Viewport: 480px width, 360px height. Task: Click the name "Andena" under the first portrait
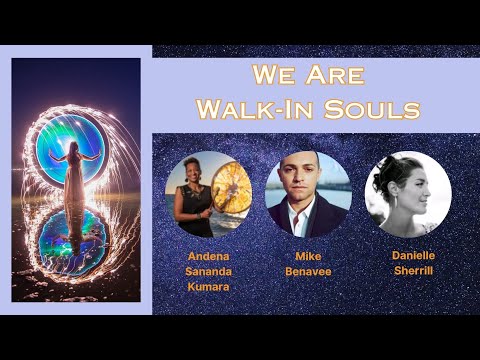pyautogui.click(x=208, y=256)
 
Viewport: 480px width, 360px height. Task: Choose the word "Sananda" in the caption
pyautogui.click(x=208, y=270)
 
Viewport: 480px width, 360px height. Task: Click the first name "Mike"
pyautogui.click(x=307, y=256)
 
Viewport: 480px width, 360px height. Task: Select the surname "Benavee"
pyautogui.click(x=307, y=270)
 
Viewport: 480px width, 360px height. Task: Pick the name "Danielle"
pyautogui.click(x=413, y=255)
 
